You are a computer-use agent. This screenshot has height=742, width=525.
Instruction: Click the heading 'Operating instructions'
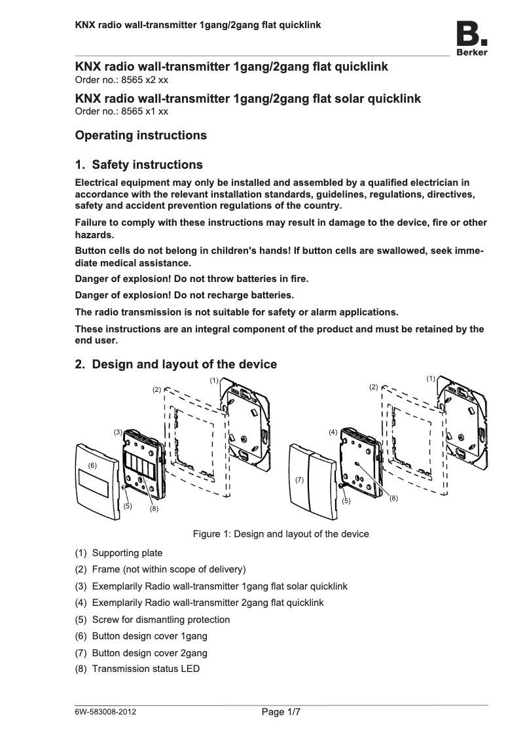click(x=141, y=135)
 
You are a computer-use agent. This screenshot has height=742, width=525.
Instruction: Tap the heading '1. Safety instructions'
click(x=139, y=164)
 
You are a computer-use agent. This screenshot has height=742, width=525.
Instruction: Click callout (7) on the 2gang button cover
click(x=300, y=480)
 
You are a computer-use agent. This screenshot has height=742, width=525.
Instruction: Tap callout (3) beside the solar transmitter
click(x=118, y=432)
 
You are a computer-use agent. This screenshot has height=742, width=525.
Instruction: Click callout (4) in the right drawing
click(x=333, y=433)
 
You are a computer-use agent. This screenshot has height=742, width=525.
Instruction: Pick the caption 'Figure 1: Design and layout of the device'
click(x=280, y=534)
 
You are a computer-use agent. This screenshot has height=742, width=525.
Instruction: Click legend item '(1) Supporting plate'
click(x=119, y=553)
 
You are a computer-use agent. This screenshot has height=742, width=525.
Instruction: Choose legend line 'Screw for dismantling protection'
click(x=161, y=619)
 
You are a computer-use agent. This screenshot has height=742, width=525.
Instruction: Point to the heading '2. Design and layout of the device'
click(x=176, y=364)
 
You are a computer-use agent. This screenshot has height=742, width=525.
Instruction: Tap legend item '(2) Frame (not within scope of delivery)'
click(x=160, y=569)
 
